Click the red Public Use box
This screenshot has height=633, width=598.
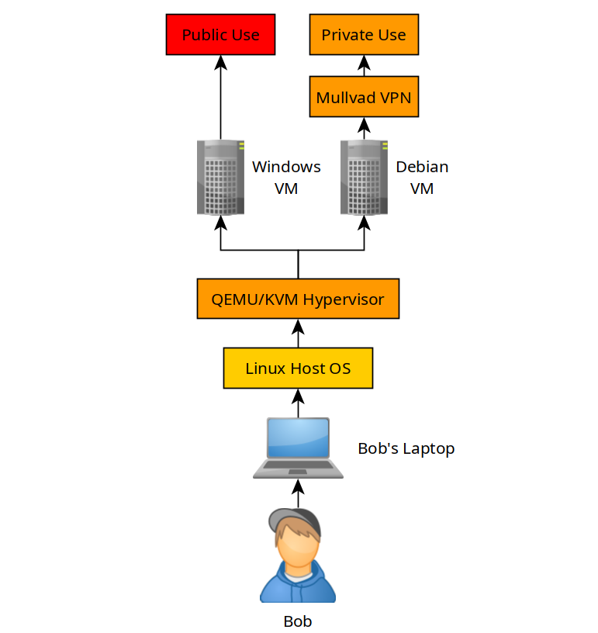220,35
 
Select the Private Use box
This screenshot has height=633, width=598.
364,35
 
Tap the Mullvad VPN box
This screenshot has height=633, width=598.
364,97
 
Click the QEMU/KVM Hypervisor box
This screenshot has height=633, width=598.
298,299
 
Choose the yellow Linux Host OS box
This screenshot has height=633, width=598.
298,368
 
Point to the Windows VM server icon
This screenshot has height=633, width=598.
220,178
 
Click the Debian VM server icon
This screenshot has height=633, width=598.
364,178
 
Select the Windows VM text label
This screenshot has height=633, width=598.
286,178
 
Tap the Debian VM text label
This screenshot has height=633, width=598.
422,178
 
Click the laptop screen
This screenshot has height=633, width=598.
298,438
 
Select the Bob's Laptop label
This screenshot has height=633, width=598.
406,449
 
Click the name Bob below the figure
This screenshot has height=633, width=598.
298,621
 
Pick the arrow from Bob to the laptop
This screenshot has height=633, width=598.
298,493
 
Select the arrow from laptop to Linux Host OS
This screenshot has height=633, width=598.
298,403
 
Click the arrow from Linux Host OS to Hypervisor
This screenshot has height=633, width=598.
298,334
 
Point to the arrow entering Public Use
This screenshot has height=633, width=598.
220,97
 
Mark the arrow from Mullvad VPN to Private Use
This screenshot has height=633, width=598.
364,66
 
